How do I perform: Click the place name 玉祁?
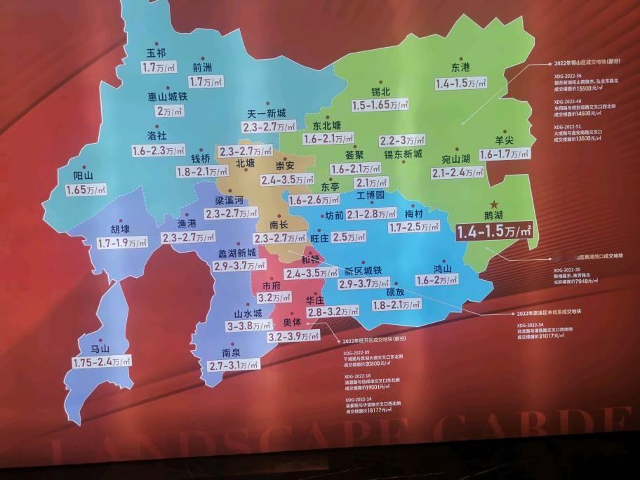(x=156, y=53)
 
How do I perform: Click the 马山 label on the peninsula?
(x=100, y=348)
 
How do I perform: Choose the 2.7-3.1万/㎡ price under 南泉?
(x=230, y=365)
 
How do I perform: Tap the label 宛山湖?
(x=456, y=159)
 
